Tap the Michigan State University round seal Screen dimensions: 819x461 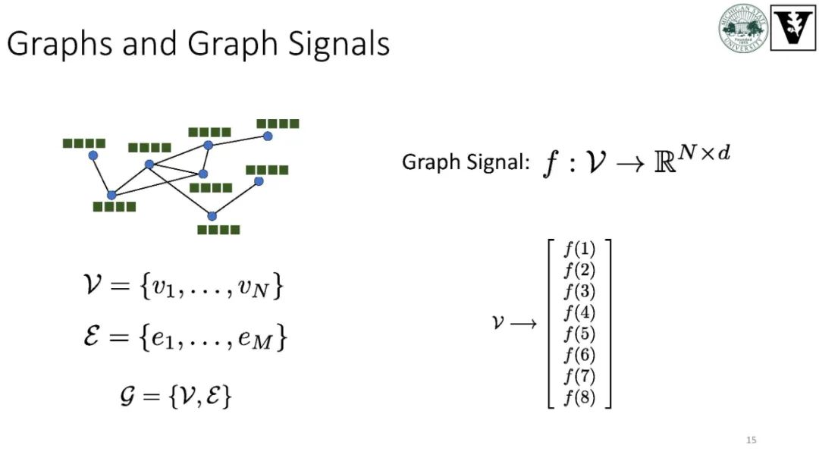click(x=743, y=30)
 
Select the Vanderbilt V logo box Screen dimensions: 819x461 click(x=792, y=29)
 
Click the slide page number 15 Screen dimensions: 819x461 click(x=752, y=441)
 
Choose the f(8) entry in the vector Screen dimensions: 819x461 click(x=579, y=397)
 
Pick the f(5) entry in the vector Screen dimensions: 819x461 click(x=579, y=334)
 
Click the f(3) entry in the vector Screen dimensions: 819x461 click(x=579, y=292)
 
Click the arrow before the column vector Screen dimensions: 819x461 click(x=524, y=324)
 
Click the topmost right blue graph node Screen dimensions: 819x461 click(x=267, y=136)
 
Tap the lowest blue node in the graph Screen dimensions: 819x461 click(x=212, y=216)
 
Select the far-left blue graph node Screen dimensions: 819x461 click(x=93, y=155)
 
